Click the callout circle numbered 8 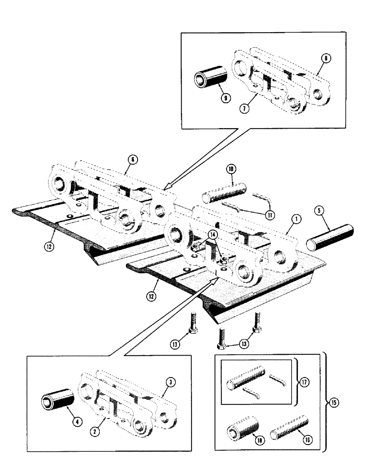pyautogui.click(x=325, y=59)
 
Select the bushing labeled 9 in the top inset pyautogui.click(x=210, y=74)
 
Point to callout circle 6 pyautogui.click(x=133, y=160)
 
